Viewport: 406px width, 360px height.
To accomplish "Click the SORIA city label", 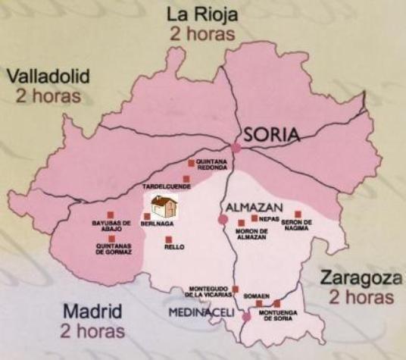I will (x=271, y=136).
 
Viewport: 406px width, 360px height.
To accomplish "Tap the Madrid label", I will (x=91, y=311).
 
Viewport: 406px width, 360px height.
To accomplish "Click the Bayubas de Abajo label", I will (x=111, y=226).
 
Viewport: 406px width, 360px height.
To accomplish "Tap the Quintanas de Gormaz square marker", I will (x=111, y=239).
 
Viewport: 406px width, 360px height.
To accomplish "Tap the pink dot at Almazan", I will (x=223, y=219).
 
